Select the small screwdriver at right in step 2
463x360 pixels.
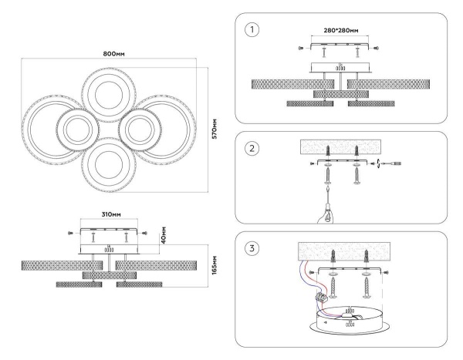click(x=397, y=163)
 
